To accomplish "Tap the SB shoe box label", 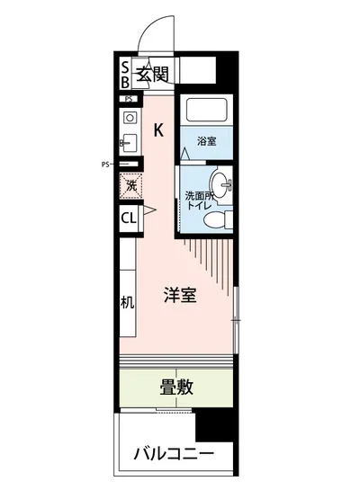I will click(125, 73).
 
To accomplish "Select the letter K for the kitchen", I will click(158, 130).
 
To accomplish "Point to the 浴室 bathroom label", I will click(207, 140).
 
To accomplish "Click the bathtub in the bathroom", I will click(207, 111).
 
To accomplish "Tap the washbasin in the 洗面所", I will click(226, 185).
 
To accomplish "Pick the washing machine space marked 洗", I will click(130, 186).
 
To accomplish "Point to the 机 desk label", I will click(128, 300).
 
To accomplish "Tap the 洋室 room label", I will click(180, 295).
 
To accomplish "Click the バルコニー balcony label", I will click(175, 452).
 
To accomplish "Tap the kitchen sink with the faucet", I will click(129, 141).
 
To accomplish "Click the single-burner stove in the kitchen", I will click(130, 118).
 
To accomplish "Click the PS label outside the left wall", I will click(105, 165).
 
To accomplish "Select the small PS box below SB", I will click(130, 98).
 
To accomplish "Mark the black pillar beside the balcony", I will click(214, 423).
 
